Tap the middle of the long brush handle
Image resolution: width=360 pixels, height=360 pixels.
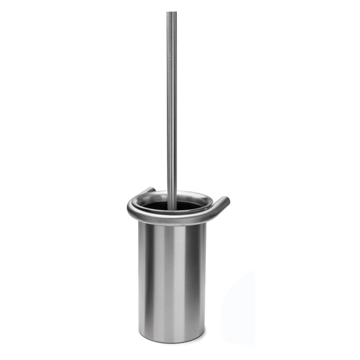[x=172, y=107]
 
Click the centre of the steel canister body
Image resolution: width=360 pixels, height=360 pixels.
[x=172, y=280]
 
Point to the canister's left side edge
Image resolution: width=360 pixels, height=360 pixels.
[x=140, y=280]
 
